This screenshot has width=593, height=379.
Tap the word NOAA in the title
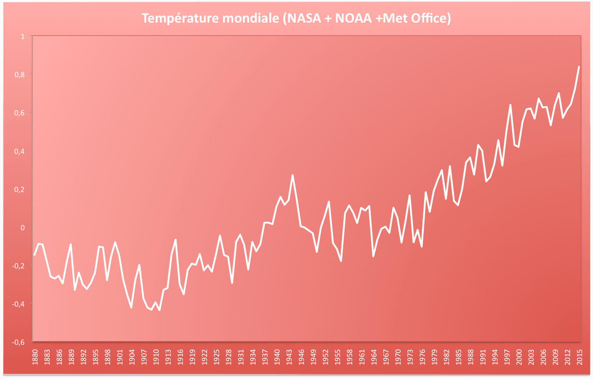pyautogui.click(x=353, y=18)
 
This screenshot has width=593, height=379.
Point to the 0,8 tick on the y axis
pyautogui.click(x=19, y=74)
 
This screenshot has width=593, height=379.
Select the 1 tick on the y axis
pyautogui.click(x=23, y=36)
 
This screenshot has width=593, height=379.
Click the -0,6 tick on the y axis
pyautogui.click(x=18, y=342)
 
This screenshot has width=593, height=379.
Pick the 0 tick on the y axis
pyautogui.click(x=23, y=227)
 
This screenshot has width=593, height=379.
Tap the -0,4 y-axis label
pyautogui.click(x=18, y=303)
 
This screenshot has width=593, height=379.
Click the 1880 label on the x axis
pyautogui.click(x=35, y=357)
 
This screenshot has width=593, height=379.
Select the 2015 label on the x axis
pyautogui.click(x=580, y=357)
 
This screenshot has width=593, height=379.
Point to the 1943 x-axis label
pyautogui.click(x=289, y=357)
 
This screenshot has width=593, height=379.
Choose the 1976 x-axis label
pyautogui.click(x=422, y=357)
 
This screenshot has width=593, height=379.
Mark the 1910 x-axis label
pyautogui.click(x=156, y=357)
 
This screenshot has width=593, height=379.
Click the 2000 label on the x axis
pyautogui.click(x=519, y=357)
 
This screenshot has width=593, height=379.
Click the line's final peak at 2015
pyautogui.click(x=579, y=67)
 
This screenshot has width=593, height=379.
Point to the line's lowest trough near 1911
pyautogui.click(x=160, y=310)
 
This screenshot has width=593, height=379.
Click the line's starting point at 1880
pyautogui.click(x=35, y=255)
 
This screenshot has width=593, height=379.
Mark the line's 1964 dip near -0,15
pyautogui.click(x=373, y=256)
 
